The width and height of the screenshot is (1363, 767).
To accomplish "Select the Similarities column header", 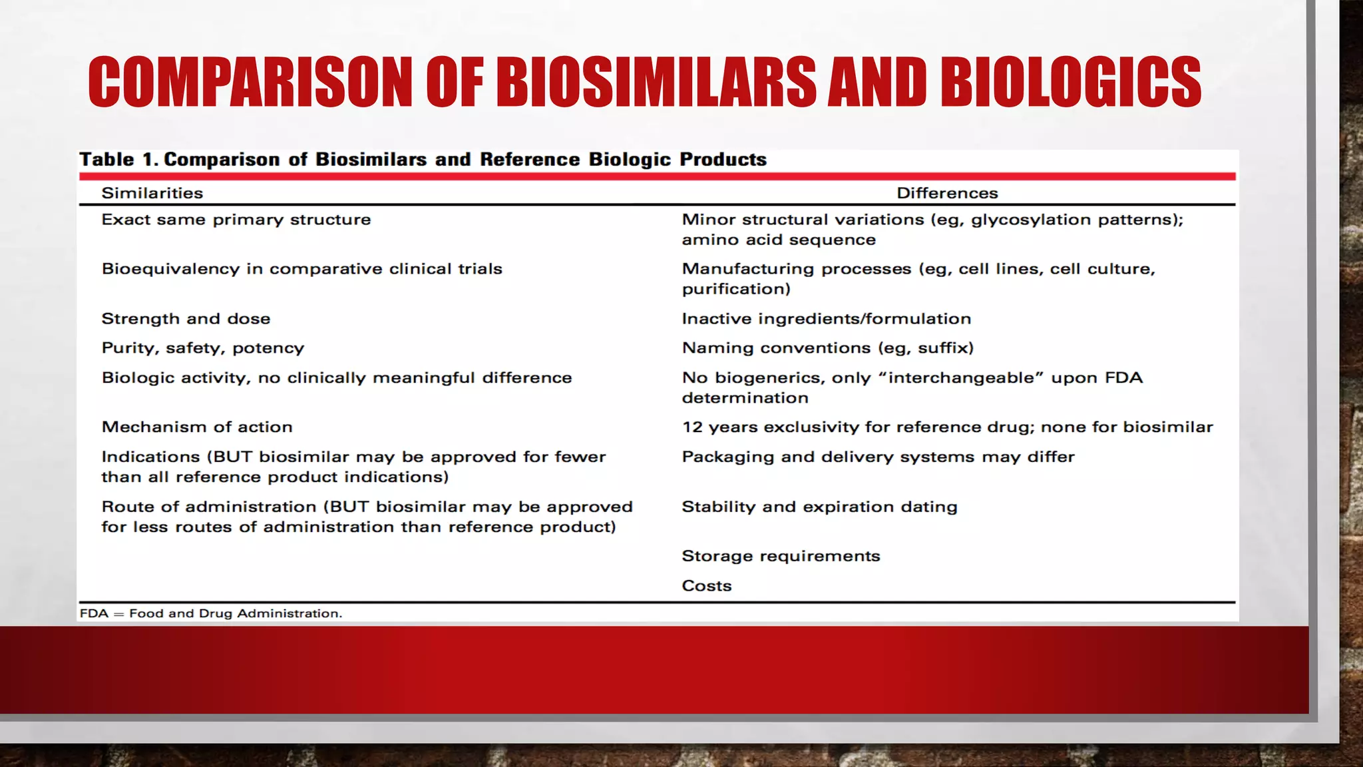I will (152, 193).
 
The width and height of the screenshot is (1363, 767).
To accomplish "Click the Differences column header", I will (947, 193).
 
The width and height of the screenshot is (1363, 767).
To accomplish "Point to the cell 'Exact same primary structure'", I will (236, 220).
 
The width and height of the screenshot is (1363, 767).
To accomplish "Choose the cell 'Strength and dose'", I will (186, 319).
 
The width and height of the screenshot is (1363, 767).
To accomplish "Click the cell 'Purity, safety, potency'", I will (202, 348).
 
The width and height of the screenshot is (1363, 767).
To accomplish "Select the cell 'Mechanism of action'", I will (196, 427).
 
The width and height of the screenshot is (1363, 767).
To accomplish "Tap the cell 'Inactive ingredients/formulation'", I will (826, 319).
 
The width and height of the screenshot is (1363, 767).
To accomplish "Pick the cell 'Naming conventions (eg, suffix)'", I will (827, 348).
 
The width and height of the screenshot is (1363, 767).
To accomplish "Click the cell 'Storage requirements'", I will (781, 556).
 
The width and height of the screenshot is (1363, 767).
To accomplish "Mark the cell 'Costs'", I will (706, 586).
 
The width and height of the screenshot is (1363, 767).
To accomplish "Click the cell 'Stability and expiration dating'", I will (819, 507).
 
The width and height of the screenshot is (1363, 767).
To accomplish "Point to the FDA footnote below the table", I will (210, 613).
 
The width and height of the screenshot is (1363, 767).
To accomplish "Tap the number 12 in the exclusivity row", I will (691, 427).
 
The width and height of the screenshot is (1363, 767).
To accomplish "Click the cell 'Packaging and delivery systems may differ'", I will (878, 457).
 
